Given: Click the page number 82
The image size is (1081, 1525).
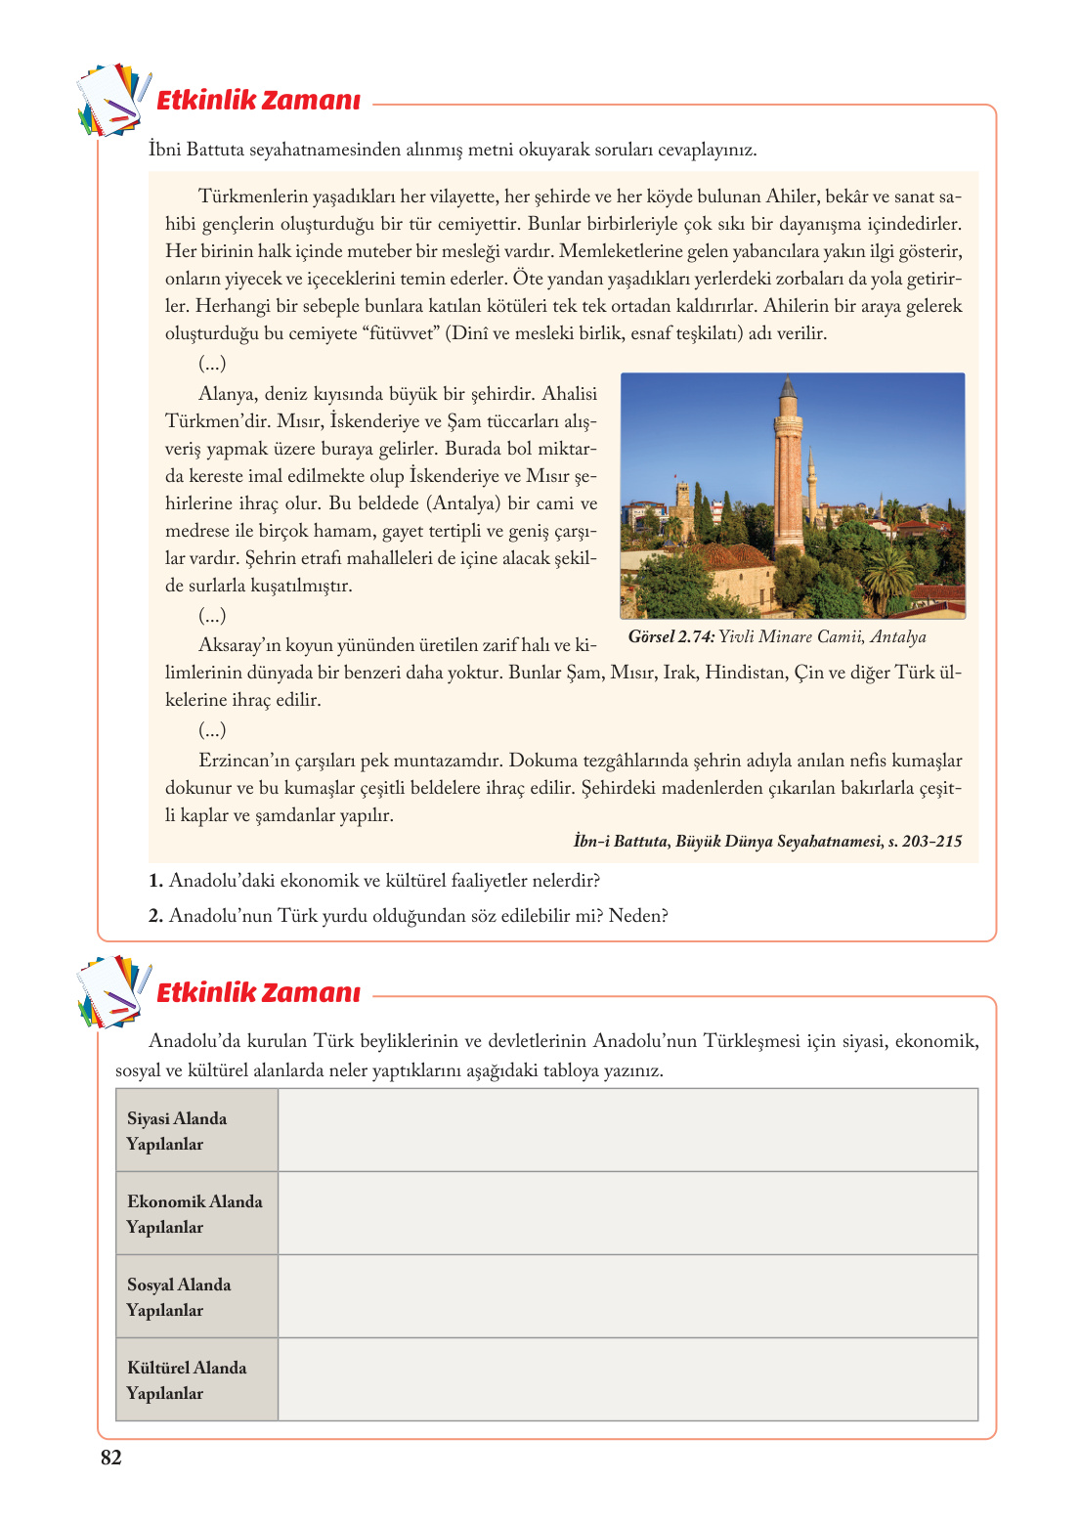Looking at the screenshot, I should tap(110, 1458).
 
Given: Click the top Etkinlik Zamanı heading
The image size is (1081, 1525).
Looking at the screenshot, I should tap(258, 100).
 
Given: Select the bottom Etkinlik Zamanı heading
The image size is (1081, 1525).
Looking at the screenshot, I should tap(258, 992).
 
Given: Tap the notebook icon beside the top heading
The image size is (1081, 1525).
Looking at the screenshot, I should tap(113, 99).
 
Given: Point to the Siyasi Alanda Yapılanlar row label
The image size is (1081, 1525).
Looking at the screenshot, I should tap(177, 1131).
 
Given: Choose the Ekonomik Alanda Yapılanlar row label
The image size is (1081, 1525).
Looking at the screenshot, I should tap(195, 1214).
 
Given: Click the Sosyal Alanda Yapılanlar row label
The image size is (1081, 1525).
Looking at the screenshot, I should tap(179, 1297).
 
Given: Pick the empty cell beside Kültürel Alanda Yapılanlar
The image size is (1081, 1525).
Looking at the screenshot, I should tap(627, 1379).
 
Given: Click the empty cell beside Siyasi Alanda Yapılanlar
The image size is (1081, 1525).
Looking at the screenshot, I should tap(627, 1130).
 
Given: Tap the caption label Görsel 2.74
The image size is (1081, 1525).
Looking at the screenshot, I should tap(670, 637).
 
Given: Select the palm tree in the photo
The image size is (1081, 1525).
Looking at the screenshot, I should tap(890, 567).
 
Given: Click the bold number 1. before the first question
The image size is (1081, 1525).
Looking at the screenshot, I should tap(155, 881).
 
